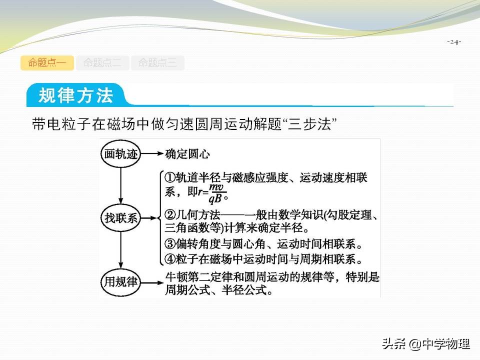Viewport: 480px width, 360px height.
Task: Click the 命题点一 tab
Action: pyautogui.click(x=47, y=63)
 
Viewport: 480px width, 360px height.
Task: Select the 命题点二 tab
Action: pyautogui.click(x=102, y=63)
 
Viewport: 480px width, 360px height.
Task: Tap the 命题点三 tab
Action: pyautogui.click(x=157, y=63)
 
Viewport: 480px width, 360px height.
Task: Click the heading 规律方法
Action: pyautogui.click(x=76, y=95)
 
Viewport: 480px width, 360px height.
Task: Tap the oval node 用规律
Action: pyautogui.click(x=120, y=281)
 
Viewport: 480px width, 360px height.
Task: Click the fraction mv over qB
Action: pyautogui.click(x=216, y=192)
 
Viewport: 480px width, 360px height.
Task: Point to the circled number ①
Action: pyautogui.click(x=169, y=177)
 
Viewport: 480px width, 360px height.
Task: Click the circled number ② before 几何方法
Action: pyautogui.click(x=169, y=216)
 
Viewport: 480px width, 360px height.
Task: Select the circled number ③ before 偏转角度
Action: pyautogui.click(x=169, y=244)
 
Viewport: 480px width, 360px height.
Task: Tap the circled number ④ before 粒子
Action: pyautogui.click(x=169, y=259)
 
